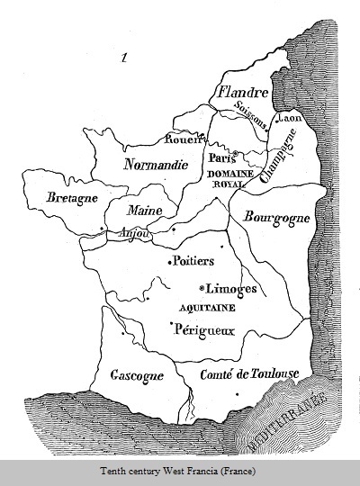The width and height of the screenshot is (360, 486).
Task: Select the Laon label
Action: (290, 118)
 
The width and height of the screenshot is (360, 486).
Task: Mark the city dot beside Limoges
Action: (201, 289)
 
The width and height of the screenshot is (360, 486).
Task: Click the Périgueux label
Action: (204, 329)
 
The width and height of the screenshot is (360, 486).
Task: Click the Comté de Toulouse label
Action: (249, 373)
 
